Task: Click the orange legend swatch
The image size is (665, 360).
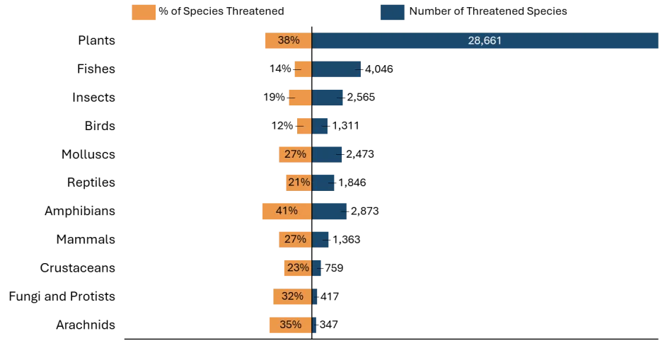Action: click(144, 13)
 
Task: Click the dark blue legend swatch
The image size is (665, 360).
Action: click(393, 13)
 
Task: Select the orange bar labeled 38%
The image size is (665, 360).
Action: click(287, 41)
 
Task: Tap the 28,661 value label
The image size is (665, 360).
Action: click(485, 41)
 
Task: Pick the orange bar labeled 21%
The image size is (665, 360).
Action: click(298, 182)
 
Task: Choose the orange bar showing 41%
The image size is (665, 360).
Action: click(287, 211)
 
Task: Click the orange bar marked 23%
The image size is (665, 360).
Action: click(297, 267)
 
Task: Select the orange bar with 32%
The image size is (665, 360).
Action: click(291, 296)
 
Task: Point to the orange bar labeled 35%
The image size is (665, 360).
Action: click(289, 325)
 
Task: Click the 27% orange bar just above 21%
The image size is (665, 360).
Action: click(295, 154)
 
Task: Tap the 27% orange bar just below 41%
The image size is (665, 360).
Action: click(295, 239)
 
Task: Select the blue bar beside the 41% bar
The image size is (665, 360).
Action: click(331, 211)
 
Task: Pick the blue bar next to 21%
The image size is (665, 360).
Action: click(325, 182)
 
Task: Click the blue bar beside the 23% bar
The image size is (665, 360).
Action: click(318, 267)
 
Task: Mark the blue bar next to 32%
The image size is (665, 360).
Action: click(317, 296)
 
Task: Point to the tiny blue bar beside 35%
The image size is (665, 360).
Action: click(315, 325)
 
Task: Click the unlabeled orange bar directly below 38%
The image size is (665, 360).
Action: click(303, 69)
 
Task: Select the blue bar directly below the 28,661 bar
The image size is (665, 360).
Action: click(337, 69)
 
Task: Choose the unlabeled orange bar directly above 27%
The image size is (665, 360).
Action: click(303, 126)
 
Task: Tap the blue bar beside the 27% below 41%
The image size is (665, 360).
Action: click(323, 239)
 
